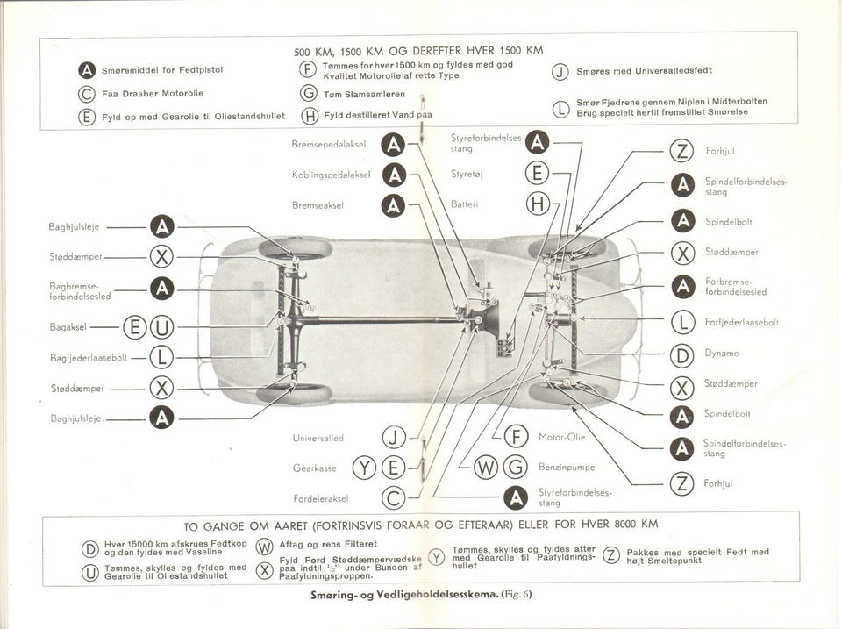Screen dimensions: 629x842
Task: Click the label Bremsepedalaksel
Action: (328, 145)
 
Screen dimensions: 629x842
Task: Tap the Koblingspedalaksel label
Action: (331, 175)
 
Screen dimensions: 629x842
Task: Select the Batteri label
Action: (463, 204)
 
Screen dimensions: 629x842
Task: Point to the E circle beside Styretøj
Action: (537, 174)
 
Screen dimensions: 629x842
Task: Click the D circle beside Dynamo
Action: (681, 354)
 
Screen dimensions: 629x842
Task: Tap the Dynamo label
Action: (722, 354)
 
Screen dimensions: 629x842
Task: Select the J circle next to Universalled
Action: (394, 438)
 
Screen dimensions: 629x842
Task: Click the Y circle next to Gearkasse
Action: (364, 468)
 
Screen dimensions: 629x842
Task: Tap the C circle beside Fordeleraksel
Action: (394, 498)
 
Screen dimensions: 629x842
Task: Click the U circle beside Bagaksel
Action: (162, 329)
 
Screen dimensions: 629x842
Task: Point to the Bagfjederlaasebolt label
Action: (89, 358)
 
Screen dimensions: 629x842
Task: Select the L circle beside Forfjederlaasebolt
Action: (681, 323)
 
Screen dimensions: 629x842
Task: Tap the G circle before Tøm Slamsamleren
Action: (308, 94)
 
